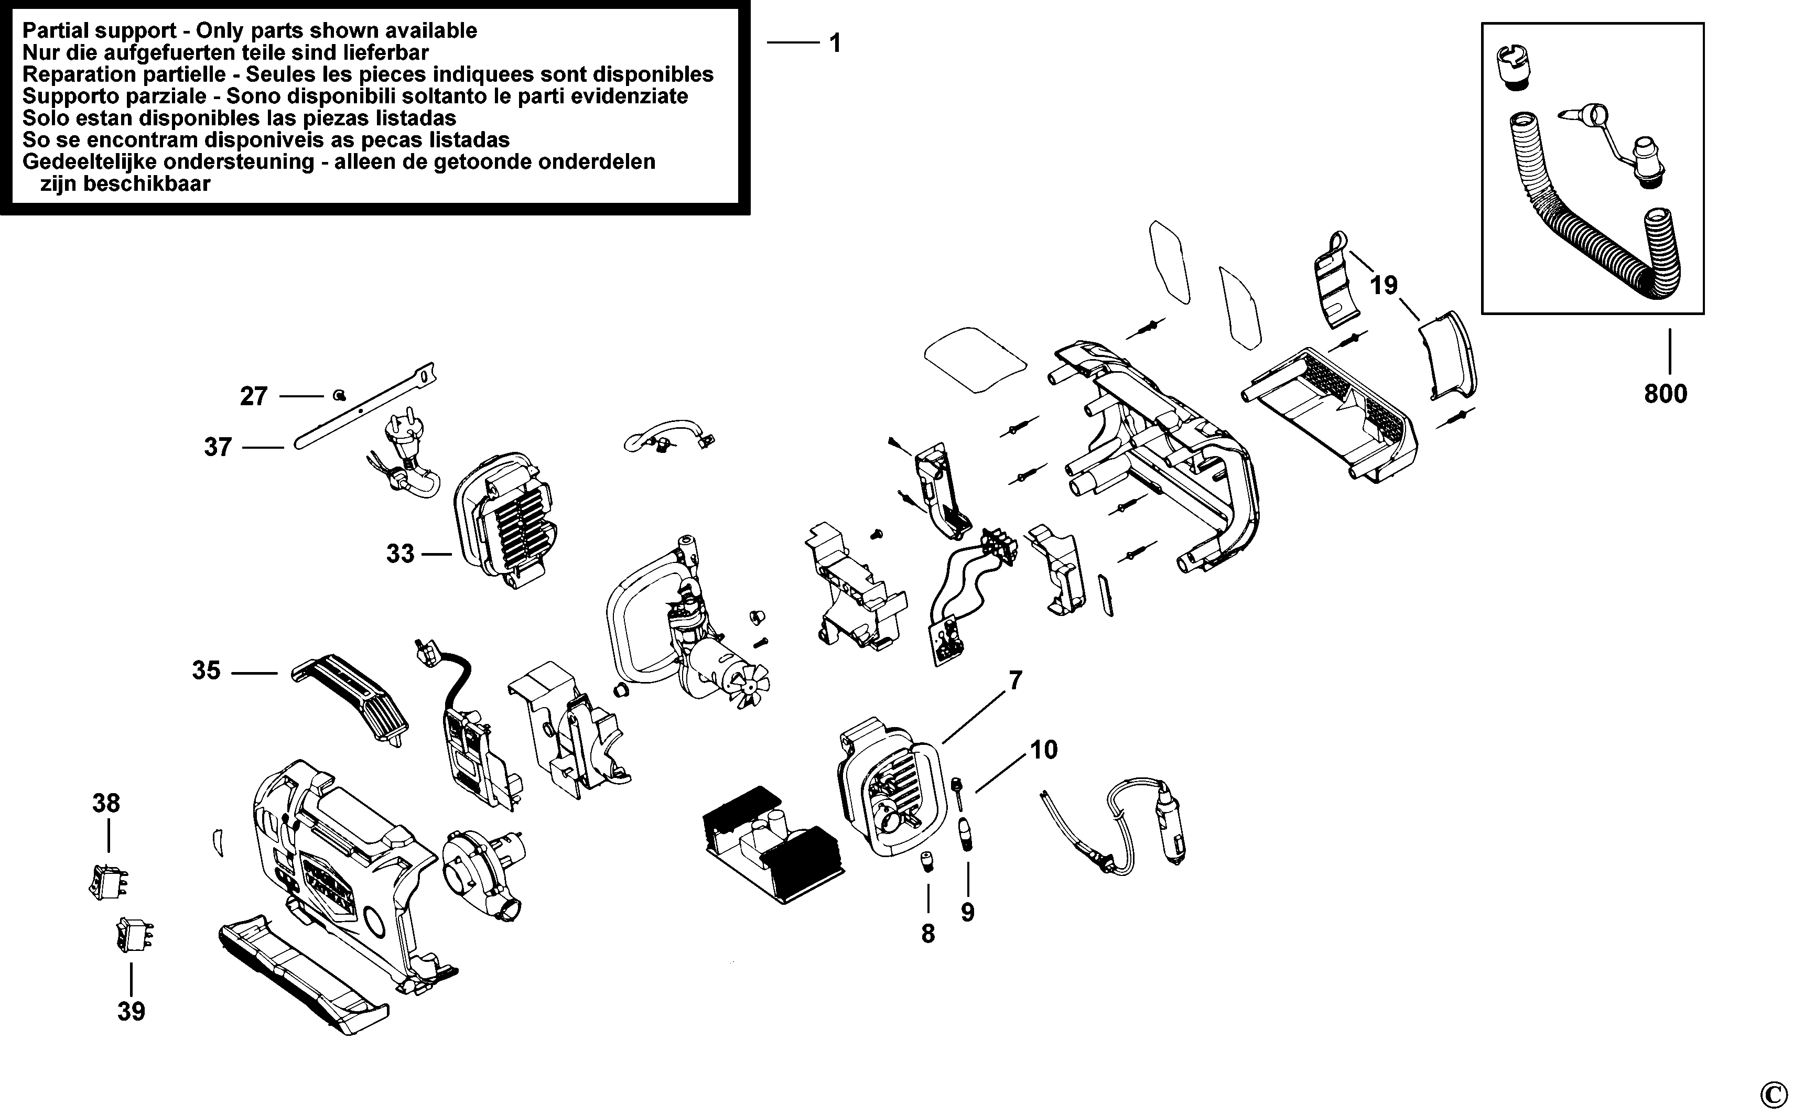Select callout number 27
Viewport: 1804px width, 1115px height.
tap(254, 397)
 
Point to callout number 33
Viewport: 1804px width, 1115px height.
tap(401, 554)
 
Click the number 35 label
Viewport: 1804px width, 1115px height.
tap(207, 670)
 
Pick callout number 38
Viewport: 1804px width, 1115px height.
tap(106, 803)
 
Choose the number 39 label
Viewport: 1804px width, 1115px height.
tap(131, 1011)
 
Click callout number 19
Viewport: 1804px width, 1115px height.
tap(1385, 285)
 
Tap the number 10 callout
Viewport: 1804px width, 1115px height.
tap(1044, 750)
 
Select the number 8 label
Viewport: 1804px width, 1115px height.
tap(928, 934)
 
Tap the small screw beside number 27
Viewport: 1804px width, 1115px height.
tap(339, 395)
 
